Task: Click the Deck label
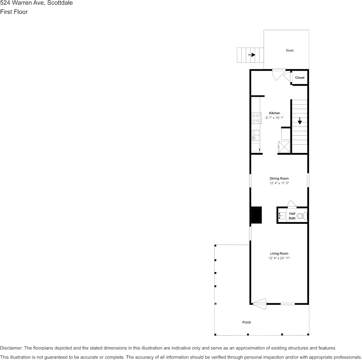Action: tap(290, 51)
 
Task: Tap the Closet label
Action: tap(300, 78)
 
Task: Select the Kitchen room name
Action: tap(274, 113)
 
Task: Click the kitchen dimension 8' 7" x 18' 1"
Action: tap(274, 118)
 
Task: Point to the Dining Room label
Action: tap(279, 178)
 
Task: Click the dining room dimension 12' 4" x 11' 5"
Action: tap(279, 183)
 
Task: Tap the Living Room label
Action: tap(279, 253)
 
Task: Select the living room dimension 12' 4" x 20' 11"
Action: tap(279, 258)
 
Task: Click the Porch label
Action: tap(247, 322)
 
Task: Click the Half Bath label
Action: tap(292, 216)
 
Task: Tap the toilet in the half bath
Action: tap(302, 216)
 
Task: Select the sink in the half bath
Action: tap(282, 216)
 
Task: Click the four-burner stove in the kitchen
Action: tap(256, 118)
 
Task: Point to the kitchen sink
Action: tap(255, 135)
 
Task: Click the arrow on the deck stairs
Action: tap(251, 55)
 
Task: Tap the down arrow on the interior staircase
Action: tap(300, 121)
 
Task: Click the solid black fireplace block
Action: tap(256, 215)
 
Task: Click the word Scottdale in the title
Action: tap(59, 3)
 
